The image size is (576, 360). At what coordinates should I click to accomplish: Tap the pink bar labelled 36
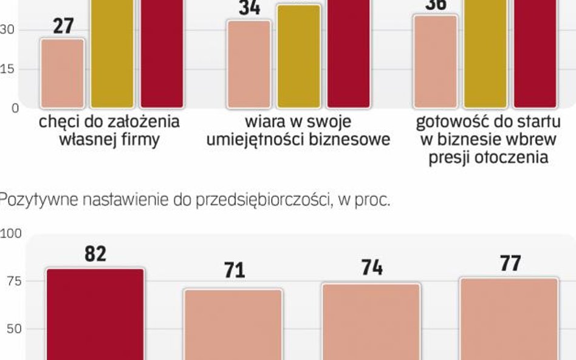pos(436,61)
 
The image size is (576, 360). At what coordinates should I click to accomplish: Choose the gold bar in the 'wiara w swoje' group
pos(299,56)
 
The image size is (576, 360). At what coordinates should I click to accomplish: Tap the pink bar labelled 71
pos(233,324)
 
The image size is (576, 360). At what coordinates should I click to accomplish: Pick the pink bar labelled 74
pos(371,321)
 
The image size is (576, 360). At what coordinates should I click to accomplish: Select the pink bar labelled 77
pos(509,318)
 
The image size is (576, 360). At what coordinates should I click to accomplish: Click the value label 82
pos(95,254)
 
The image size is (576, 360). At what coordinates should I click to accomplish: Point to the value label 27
pos(63,27)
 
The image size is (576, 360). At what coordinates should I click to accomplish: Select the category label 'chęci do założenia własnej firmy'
pos(109,131)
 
